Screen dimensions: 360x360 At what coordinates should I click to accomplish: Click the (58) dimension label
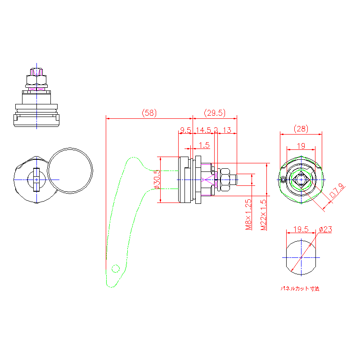(x=149, y=113)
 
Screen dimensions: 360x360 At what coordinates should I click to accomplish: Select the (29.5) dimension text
(x=215, y=113)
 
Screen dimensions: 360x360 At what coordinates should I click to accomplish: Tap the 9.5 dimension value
(x=185, y=130)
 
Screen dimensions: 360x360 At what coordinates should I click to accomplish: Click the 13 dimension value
(x=227, y=130)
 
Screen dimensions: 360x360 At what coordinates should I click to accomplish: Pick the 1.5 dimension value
(x=204, y=145)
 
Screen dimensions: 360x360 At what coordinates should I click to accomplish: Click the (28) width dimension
(x=301, y=129)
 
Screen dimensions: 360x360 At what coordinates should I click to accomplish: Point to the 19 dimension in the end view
(x=301, y=145)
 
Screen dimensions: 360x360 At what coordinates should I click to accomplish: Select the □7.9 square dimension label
(x=337, y=191)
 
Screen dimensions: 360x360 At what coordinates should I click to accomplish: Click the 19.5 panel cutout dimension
(x=301, y=229)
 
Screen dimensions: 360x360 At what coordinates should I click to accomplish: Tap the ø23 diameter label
(x=325, y=229)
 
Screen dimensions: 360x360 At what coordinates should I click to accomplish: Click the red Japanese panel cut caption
(x=300, y=288)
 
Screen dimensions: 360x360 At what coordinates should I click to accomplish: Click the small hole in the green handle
(x=115, y=269)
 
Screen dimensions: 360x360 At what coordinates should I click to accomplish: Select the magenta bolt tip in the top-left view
(x=36, y=72)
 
